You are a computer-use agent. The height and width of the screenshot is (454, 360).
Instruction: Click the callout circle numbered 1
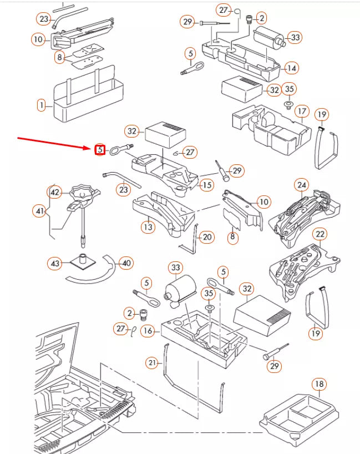[41, 104]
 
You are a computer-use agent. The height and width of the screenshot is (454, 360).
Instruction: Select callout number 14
[291, 68]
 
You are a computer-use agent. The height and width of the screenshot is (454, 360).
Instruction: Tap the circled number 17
[301, 111]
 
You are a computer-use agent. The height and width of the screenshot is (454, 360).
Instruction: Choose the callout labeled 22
[320, 234]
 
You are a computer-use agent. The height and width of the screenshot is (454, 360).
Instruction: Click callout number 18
[319, 384]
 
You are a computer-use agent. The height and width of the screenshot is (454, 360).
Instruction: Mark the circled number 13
[148, 226]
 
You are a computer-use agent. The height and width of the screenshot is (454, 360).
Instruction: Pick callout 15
[206, 185]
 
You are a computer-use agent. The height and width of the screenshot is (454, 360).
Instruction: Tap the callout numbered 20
[206, 238]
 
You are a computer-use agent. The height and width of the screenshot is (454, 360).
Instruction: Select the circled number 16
[148, 331]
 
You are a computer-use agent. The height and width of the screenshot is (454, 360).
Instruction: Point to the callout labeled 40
[126, 263]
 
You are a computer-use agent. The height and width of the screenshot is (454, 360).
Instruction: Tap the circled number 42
[54, 192]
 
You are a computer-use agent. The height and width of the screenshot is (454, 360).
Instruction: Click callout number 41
[39, 211]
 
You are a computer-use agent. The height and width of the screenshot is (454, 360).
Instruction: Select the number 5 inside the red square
[100, 149]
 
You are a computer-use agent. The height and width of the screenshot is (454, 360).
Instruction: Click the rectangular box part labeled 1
[83, 100]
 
